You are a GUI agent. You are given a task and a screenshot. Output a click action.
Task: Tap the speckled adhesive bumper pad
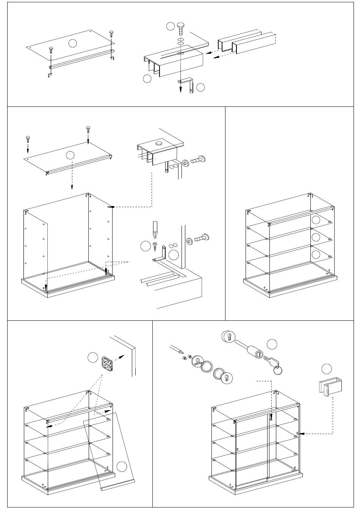tap(107, 364)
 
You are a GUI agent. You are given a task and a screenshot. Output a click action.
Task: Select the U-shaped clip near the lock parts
tap(330, 386)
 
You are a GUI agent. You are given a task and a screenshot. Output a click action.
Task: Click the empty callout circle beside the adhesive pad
tap(93, 357)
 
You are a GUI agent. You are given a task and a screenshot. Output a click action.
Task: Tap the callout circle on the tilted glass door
tap(121, 467)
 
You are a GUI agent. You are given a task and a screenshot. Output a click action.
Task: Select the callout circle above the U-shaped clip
tap(327, 368)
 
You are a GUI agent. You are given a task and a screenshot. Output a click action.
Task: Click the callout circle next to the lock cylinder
tap(272, 344)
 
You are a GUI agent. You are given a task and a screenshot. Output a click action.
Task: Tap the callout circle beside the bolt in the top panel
tap(171, 26)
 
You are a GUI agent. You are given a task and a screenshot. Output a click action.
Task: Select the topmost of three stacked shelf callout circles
tap(316, 219)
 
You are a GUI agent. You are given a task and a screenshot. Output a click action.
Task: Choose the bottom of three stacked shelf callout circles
tap(316, 254)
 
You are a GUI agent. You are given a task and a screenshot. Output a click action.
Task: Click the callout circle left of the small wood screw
tap(145, 246)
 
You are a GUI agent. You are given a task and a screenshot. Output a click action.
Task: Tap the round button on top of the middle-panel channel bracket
tap(158, 144)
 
